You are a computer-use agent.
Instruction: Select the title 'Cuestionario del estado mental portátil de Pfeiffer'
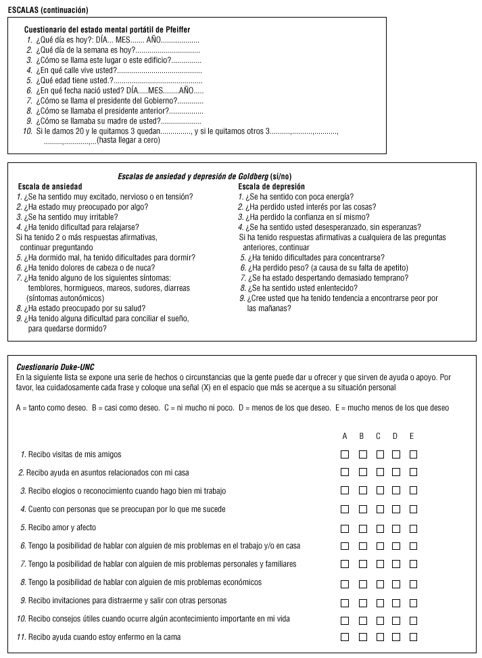tap(107, 30)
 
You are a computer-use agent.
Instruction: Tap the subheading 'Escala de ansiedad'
tap(50, 187)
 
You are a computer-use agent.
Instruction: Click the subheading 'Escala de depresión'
tap(271, 187)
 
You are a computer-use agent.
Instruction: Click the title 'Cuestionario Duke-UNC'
tap(55, 367)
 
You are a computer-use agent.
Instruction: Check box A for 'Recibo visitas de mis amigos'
tap(345, 454)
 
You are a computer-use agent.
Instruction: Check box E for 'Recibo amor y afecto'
tap(413, 527)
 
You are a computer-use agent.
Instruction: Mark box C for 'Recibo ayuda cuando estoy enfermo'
tap(379, 636)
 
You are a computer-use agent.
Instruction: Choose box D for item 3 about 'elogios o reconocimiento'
tap(396, 490)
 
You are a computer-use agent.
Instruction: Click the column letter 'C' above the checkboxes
tap(379, 436)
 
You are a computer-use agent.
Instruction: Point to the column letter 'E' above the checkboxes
tap(412, 436)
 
